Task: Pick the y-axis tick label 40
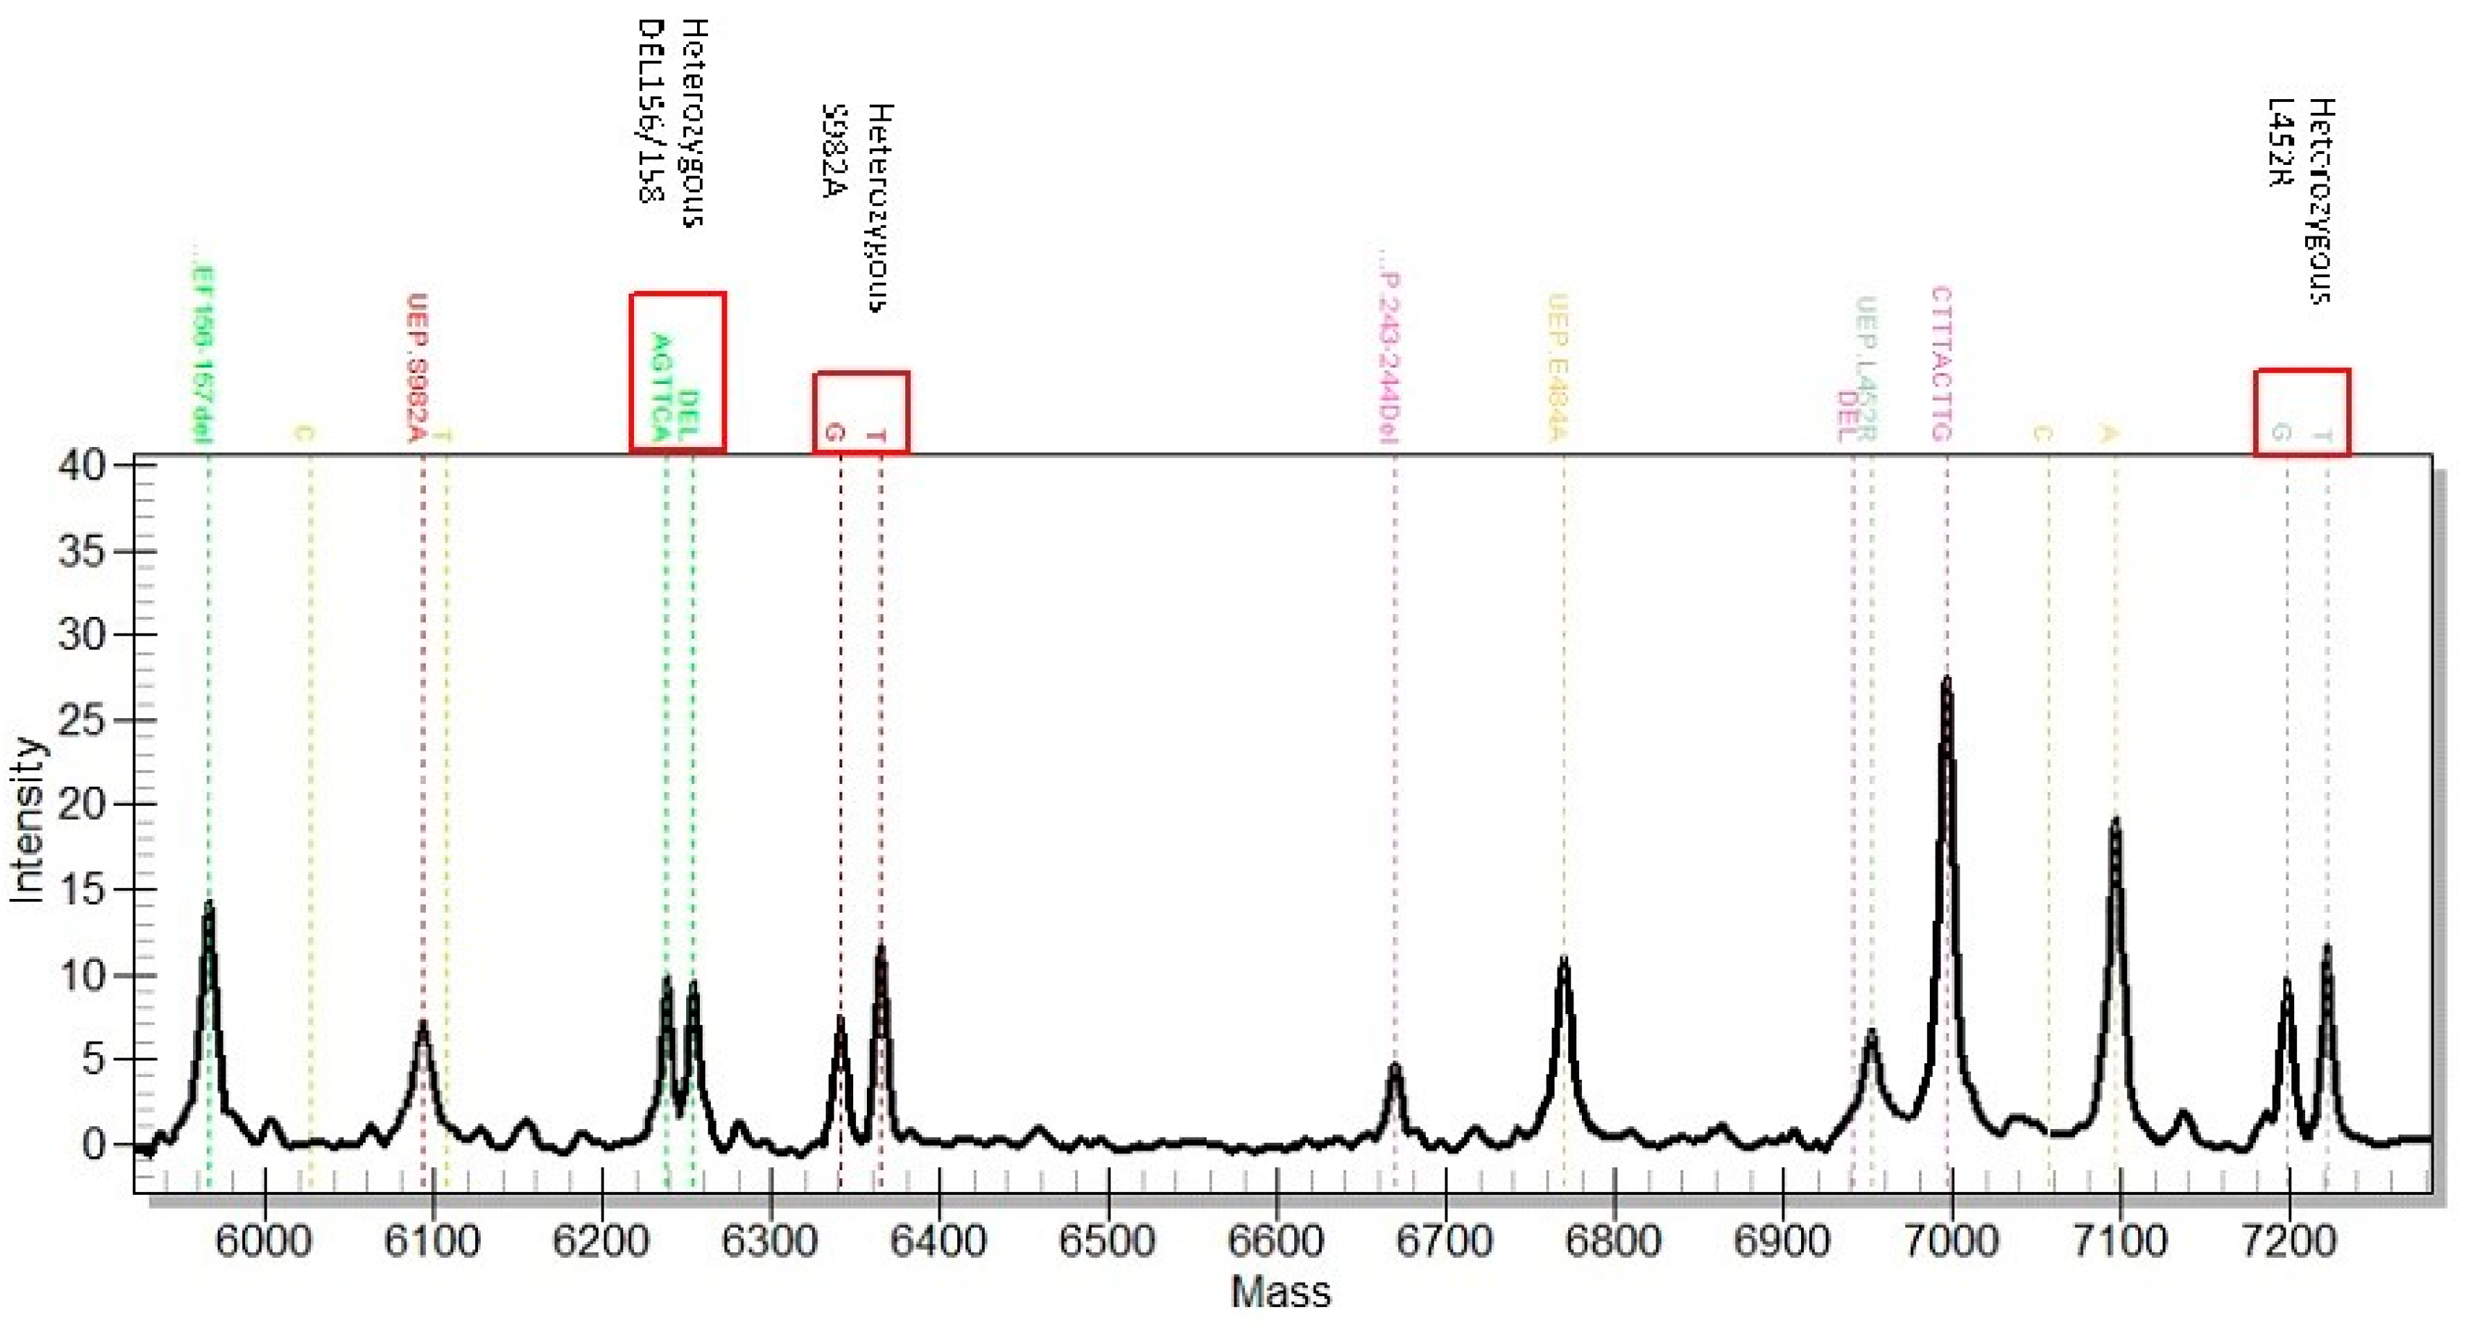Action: tap(82, 466)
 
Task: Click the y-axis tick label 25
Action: tap(82, 720)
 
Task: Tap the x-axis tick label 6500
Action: tap(1107, 1242)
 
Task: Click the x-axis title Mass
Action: tap(1280, 1292)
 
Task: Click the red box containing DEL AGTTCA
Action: tap(677, 372)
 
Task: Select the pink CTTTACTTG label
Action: tap(1941, 364)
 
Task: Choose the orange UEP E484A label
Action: tap(1557, 369)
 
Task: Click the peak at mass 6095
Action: tap(422, 1025)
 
